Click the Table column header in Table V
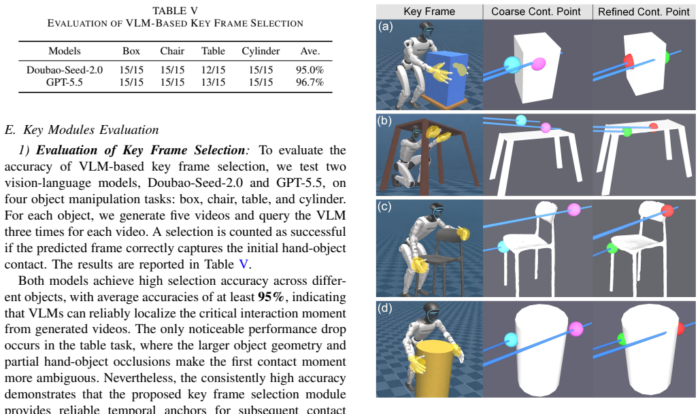213,51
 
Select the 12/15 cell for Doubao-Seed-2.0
213,70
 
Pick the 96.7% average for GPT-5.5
310,82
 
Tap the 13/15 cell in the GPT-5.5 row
213,82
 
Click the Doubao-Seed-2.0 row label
65,70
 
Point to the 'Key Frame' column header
429,12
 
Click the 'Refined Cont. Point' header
644,12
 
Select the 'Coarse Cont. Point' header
536,12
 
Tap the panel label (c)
384,207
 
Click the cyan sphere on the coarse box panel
512,65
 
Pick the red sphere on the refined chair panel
667,211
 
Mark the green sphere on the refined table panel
627,132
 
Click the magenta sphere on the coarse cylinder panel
576,329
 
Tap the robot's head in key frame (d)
431,312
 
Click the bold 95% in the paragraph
271,297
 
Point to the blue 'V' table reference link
244,264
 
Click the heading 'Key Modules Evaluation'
91,130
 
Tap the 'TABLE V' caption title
175,11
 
